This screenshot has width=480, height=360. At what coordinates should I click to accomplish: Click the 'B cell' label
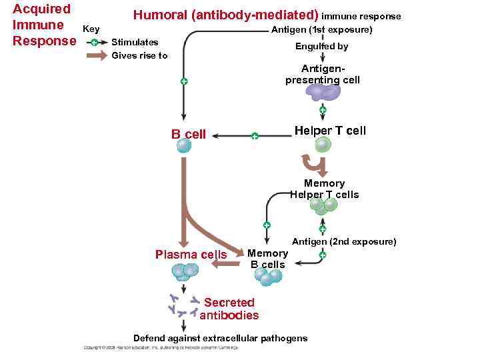189,134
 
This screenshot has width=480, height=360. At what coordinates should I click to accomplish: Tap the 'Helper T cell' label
330,131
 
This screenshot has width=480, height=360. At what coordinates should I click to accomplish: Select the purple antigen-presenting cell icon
323,93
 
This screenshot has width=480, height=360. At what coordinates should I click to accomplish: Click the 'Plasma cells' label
191,254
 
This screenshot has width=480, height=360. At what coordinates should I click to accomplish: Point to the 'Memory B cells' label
267,259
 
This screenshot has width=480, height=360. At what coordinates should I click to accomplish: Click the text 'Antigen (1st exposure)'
321,30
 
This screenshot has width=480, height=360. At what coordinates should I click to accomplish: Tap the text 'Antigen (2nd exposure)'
344,241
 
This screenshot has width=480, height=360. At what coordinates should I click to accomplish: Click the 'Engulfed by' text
321,47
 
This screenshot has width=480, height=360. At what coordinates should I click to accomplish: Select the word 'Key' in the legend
91,29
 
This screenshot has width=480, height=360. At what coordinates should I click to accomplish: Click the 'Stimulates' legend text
135,42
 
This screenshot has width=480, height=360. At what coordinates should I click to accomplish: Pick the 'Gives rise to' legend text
139,56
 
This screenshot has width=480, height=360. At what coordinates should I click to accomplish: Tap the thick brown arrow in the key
96,56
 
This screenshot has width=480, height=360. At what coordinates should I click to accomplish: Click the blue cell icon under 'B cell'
184,146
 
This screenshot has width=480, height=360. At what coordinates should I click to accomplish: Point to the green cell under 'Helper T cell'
323,145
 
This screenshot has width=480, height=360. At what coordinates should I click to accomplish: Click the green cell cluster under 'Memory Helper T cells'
323,206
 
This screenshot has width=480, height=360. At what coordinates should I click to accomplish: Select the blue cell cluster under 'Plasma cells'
184,271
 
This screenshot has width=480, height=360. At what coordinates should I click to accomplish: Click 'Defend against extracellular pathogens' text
221,338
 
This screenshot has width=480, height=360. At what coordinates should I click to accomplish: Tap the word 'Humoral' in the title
161,15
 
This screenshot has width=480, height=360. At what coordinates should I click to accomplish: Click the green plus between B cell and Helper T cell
254,136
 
